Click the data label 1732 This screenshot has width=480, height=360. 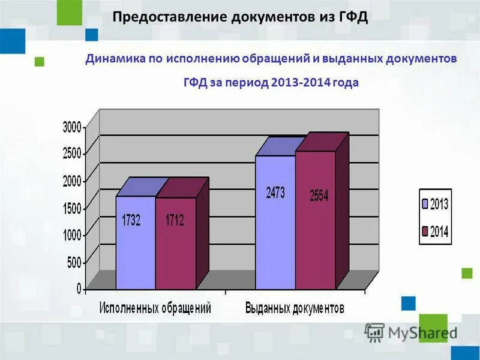[x=131, y=220]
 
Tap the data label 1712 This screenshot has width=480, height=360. [x=175, y=220]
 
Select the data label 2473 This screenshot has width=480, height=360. [x=275, y=193]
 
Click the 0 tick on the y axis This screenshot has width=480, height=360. [x=79, y=289]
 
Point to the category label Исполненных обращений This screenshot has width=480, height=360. [x=155, y=308]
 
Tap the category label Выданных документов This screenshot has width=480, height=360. [x=295, y=308]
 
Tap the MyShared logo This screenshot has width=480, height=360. [x=411, y=332]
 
